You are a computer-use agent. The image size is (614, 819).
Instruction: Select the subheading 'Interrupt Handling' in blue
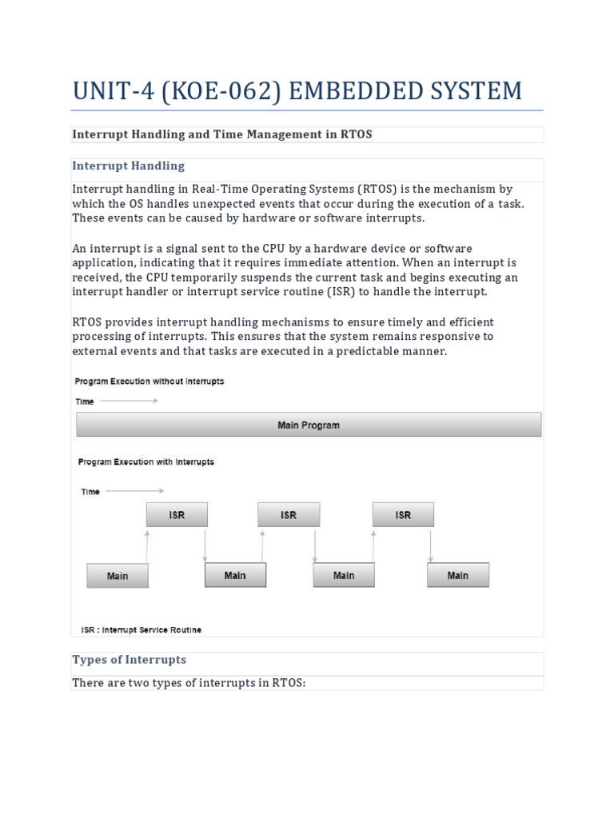(x=128, y=166)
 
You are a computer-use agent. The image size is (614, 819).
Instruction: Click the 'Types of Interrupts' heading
(x=129, y=660)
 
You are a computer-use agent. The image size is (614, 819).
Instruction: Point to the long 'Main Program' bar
(x=309, y=425)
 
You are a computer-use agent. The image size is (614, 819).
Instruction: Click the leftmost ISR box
(x=177, y=515)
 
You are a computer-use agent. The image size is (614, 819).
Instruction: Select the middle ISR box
(x=289, y=515)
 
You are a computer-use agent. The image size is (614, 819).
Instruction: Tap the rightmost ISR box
(x=403, y=515)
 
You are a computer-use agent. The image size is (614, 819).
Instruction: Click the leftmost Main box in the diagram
(x=118, y=576)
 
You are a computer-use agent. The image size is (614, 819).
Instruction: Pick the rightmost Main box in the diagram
(x=458, y=575)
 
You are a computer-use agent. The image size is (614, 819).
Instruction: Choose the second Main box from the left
(x=235, y=575)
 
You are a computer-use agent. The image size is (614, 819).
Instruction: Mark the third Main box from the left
(x=344, y=575)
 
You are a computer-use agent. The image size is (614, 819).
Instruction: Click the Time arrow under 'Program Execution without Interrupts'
(x=129, y=401)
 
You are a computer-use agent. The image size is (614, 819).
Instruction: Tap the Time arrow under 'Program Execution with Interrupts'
(x=134, y=491)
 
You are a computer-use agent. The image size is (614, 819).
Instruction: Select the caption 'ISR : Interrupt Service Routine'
(x=141, y=630)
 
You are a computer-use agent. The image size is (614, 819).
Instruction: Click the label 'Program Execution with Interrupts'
(x=146, y=462)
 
